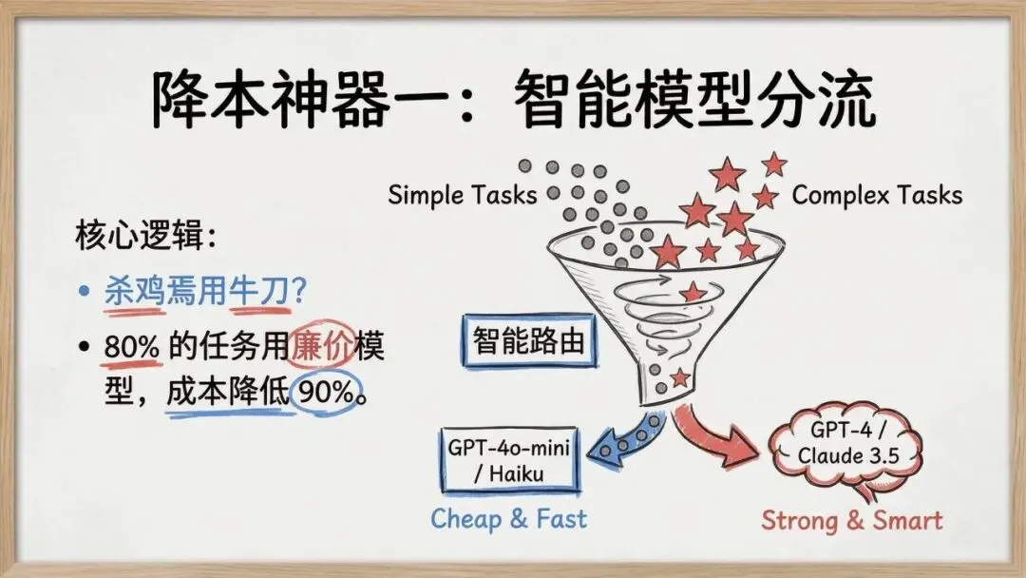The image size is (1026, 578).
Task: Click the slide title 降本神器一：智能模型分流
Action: [x=513, y=98]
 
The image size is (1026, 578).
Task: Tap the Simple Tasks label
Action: [x=463, y=195]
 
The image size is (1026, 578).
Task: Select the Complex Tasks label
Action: [x=876, y=195]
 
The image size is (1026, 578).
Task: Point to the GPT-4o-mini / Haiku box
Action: [x=509, y=459]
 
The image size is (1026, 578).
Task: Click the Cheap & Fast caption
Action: [x=508, y=518]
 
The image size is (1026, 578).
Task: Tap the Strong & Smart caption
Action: [x=852, y=520]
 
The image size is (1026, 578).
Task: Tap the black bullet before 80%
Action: [x=85, y=348]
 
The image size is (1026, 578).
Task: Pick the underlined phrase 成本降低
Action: [x=226, y=393]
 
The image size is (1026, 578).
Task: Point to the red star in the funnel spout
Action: [x=678, y=377]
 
